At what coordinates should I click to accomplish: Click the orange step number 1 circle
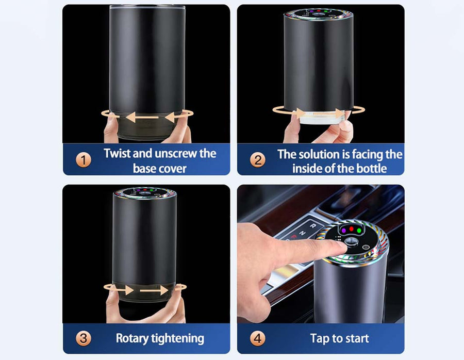click(84, 160)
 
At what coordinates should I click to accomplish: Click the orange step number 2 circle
click(258, 160)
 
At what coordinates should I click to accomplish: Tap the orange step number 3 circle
click(84, 338)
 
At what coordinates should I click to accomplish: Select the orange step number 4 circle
click(258, 338)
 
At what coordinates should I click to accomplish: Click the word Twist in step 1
click(117, 153)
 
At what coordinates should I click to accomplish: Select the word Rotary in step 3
click(132, 339)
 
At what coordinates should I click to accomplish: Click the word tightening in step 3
click(177, 339)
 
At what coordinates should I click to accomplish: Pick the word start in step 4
click(356, 338)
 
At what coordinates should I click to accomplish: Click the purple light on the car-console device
click(344, 230)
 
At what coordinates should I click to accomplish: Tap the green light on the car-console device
click(359, 231)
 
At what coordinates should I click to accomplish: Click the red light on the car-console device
click(351, 228)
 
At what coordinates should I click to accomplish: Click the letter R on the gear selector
click(312, 226)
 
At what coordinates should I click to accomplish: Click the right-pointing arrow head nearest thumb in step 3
click(129, 290)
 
